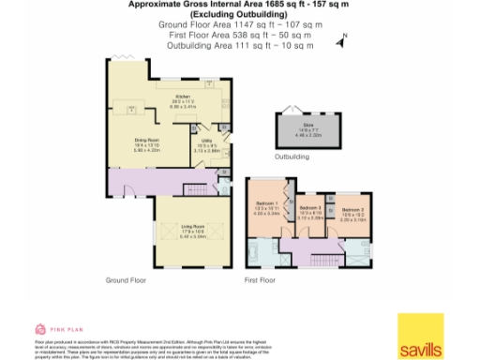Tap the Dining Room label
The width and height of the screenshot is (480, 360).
tap(136, 141)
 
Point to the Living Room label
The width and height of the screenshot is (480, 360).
tap(192, 226)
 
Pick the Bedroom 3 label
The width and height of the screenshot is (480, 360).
tap(310, 209)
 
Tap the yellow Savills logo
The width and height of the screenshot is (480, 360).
tap(419, 337)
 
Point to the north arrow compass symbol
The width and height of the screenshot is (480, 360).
tap(343, 38)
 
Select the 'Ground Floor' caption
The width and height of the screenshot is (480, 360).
tap(125, 280)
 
